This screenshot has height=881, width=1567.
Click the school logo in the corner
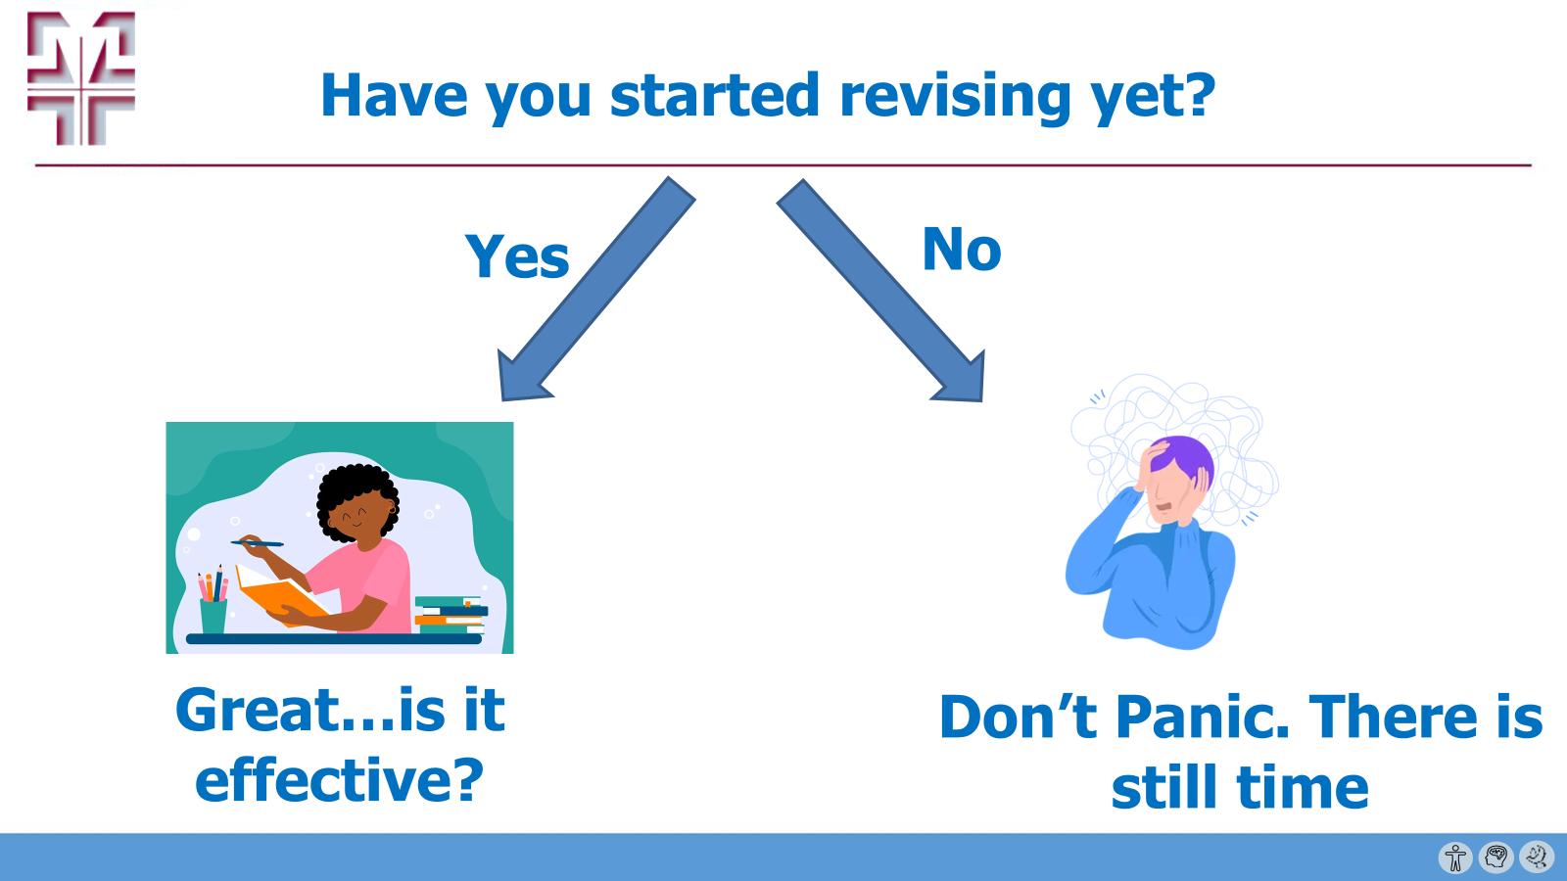coord(80,78)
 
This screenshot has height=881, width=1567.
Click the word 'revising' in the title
coord(955,96)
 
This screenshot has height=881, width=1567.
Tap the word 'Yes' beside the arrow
coord(516,256)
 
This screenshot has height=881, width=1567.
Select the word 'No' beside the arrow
coord(961,249)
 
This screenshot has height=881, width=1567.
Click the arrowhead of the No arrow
coord(961,379)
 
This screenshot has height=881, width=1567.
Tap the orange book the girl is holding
coord(279,595)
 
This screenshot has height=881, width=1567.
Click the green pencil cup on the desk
coord(213,614)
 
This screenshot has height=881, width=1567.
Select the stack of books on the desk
coord(450,615)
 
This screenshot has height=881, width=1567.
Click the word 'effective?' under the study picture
coord(340,780)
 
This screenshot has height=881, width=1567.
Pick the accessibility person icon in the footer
coord(1455,858)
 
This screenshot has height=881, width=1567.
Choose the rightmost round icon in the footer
coord(1536,858)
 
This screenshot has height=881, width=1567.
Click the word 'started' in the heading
coord(714,96)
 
